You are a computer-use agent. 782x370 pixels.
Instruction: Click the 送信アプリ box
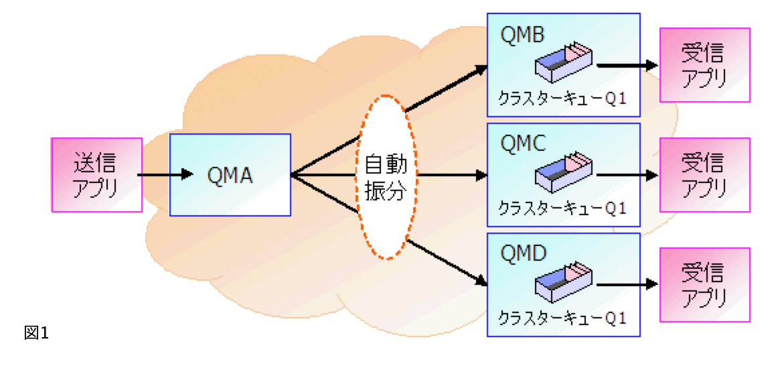(97, 175)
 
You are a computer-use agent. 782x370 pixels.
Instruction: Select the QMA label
(230, 175)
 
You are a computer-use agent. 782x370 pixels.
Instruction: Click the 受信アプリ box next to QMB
(704, 64)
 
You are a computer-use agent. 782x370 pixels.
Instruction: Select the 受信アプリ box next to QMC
(704, 175)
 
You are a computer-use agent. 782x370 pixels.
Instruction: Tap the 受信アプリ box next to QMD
(704, 284)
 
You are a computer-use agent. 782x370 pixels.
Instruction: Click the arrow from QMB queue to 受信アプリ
(627, 66)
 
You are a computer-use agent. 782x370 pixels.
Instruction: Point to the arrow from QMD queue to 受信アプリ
(627, 285)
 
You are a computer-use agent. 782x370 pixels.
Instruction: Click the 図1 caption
(36, 332)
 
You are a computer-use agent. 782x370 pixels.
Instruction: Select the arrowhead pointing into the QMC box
(480, 176)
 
